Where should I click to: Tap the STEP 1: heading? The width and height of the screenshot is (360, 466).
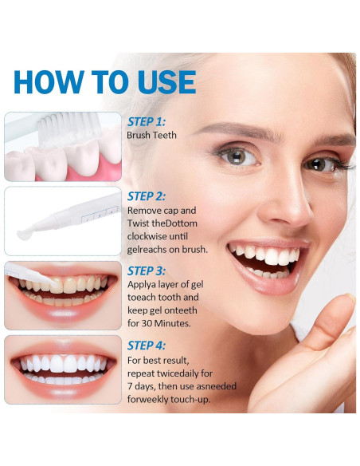click(147, 122)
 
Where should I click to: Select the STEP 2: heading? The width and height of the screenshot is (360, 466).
click(147, 196)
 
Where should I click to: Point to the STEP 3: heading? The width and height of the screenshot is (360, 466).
click(147, 271)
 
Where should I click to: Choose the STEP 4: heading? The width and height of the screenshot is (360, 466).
click(147, 345)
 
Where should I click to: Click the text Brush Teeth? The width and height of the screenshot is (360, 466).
click(151, 136)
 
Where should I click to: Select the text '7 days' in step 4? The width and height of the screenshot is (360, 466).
click(143, 385)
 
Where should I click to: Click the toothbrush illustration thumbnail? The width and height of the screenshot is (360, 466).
click(63, 146)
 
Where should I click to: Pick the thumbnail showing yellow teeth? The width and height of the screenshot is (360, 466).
click(63, 294)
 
